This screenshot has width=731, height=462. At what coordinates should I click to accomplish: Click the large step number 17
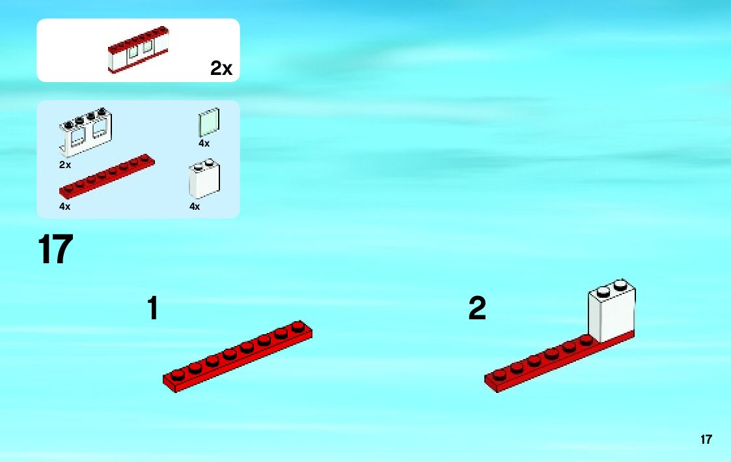pyautogui.click(x=55, y=250)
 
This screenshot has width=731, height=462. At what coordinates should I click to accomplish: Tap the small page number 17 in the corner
pyautogui.click(x=706, y=439)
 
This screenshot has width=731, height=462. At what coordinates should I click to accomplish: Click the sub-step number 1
pyautogui.click(x=153, y=308)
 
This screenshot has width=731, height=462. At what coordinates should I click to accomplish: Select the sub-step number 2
pyautogui.click(x=477, y=309)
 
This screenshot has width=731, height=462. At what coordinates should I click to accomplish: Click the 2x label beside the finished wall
pyautogui.click(x=221, y=68)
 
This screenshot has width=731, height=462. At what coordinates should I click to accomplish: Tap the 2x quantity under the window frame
pyautogui.click(x=64, y=165)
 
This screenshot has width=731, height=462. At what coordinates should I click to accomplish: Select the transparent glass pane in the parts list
pyautogui.click(x=209, y=122)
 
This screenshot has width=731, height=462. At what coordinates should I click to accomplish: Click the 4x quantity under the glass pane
pyautogui.click(x=204, y=143)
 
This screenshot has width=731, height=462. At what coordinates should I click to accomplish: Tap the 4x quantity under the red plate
pyautogui.click(x=64, y=207)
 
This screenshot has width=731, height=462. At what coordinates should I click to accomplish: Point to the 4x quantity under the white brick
pyautogui.click(x=195, y=207)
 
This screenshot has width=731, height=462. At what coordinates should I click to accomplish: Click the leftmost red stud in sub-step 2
pyautogui.click(x=499, y=374)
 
